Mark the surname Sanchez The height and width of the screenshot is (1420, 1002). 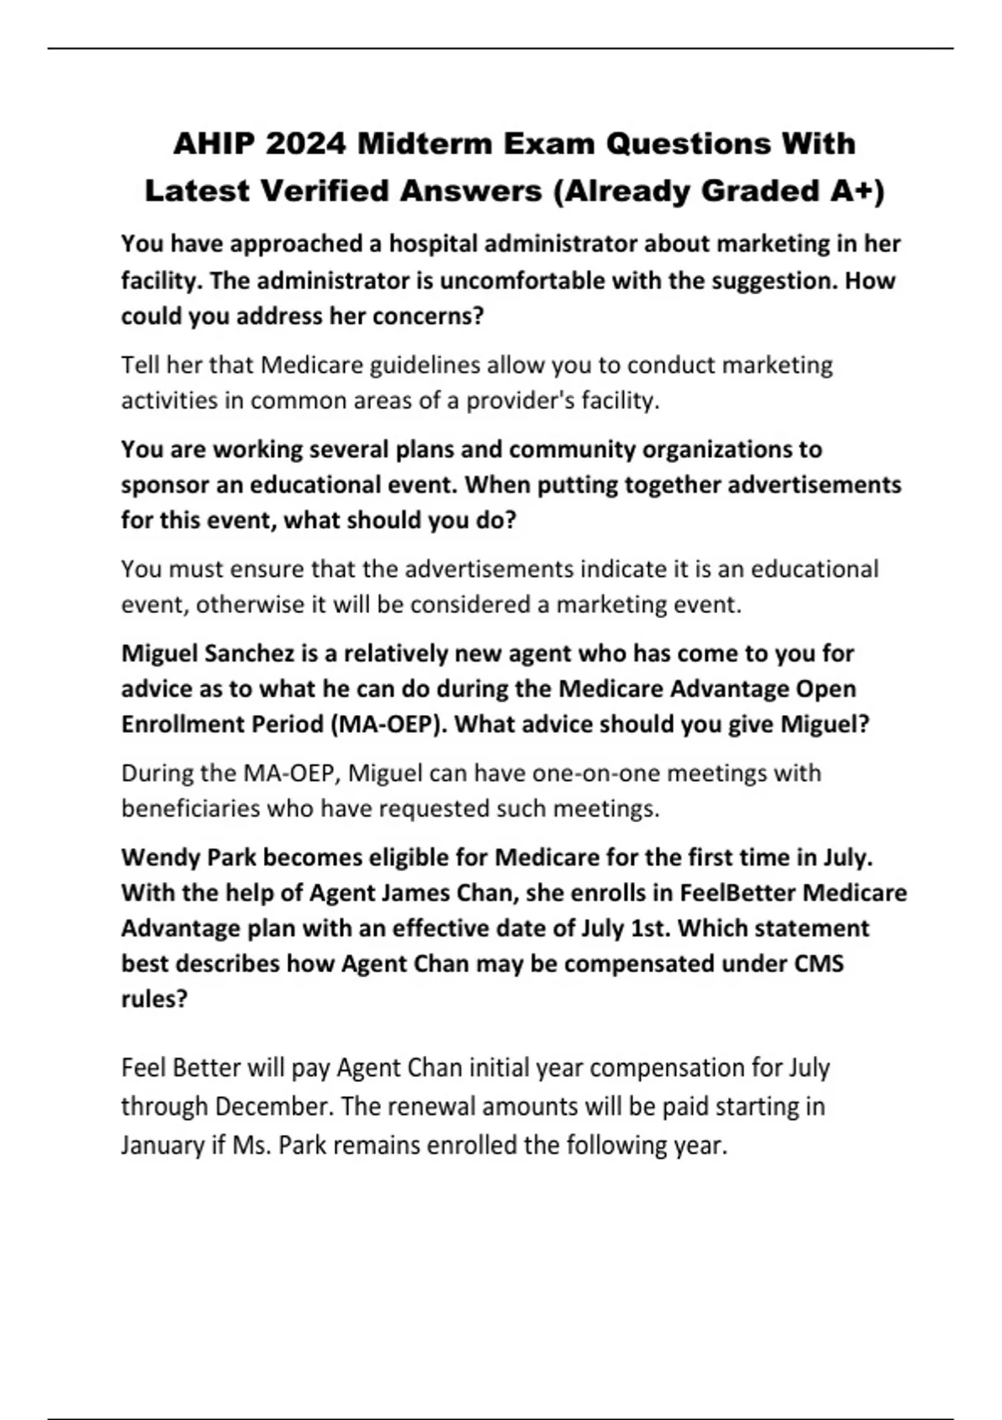pyautogui.click(x=247, y=653)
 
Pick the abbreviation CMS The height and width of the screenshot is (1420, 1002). pyautogui.click(x=818, y=964)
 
